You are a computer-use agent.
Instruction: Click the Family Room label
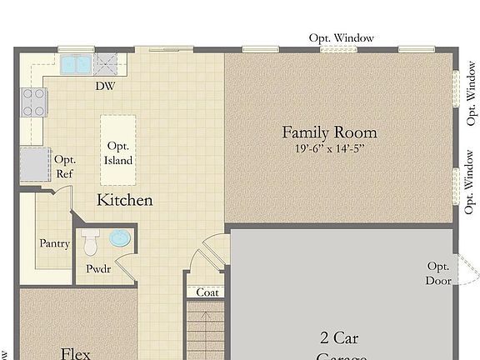coord(329,132)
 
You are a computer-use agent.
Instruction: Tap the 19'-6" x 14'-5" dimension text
coord(329,148)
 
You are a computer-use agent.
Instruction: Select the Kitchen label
coord(125,200)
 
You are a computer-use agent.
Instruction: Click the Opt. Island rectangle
coord(117,151)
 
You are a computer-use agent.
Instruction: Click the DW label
coord(105,86)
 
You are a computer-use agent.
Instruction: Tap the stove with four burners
coord(34,102)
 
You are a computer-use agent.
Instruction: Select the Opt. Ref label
coord(64,167)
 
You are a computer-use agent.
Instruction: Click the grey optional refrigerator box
coord(35,163)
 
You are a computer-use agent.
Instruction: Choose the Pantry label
coord(54,244)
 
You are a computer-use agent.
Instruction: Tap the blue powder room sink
coord(121,239)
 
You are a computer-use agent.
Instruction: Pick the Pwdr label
coord(99,269)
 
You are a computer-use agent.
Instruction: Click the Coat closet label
coord(207,292)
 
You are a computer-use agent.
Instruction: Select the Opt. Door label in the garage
coord(438,273)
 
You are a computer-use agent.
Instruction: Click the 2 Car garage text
coord(340,337)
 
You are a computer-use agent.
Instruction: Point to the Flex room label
coord(76,353)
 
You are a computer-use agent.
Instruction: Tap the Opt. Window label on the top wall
coord(342,37)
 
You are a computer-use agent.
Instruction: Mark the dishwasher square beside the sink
coord(106,64)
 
